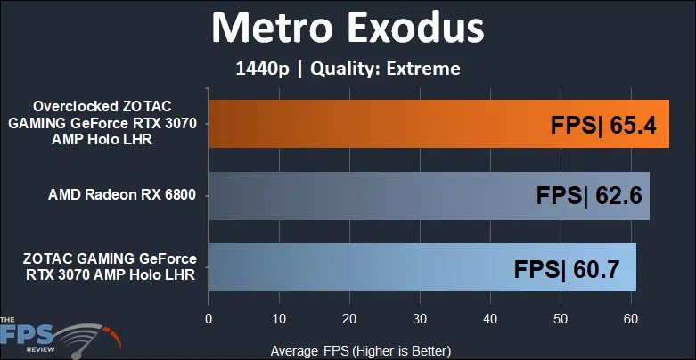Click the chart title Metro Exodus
[x=348, y=28]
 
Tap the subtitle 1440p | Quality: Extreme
[x=348, y=69]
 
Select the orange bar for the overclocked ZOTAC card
[x=438, y=124]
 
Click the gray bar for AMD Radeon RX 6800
[x=430, y=196]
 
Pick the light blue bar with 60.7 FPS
[x=422, y=267]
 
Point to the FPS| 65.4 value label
[x=603, y=126]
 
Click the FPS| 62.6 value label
[x=589, y=196]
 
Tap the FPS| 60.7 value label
[x=567, y=269]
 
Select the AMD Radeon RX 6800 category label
[x=122, y=195]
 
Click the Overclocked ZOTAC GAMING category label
[x=102, y=123]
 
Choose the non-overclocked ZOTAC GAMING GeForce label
[x=110, y=266]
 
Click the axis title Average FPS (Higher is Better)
[x=360, y=351]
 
